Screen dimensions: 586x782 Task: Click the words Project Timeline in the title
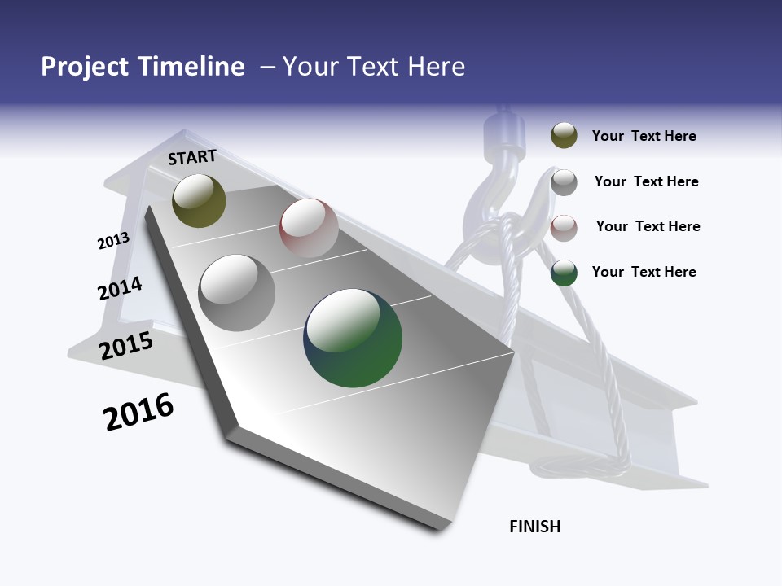coord(143,67)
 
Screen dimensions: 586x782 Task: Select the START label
coord(192,157)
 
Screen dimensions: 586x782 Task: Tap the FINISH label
coord(535,527)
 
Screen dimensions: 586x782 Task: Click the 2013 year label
coord(113,241)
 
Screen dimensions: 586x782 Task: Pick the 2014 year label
coord(120,288)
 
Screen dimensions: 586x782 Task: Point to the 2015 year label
coord(126,345)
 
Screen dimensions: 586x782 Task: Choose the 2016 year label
coord(138,412)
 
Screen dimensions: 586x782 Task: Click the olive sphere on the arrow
coord(199,200)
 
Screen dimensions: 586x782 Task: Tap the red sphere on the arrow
coord(309,228)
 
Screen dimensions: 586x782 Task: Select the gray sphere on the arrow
coord(237,292)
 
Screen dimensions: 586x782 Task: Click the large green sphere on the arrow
coord(353,338)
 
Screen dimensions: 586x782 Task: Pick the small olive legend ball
coord(564,136)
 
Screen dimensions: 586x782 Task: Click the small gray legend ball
coord(564,182)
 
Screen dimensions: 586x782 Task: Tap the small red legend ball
coord(564,228)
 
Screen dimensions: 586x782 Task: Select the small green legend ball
coord(564,273)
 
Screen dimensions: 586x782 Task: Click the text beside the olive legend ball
coord(644,136)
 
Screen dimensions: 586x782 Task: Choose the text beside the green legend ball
coord(644,272)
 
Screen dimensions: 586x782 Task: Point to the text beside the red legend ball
coord(648,226)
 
